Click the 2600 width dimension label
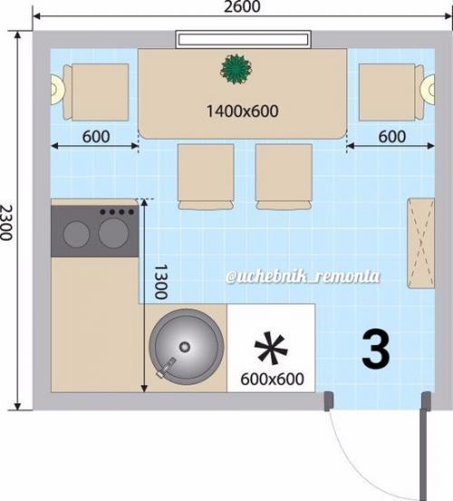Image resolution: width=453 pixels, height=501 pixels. (x=242, y=6)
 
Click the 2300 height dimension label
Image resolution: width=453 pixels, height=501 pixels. (x=5, y=222)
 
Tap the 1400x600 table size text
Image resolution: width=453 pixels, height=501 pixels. (x=243, y=112)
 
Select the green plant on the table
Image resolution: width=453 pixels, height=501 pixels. (x=236, y=69)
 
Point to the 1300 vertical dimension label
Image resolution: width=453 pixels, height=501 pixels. (x=160, y=281)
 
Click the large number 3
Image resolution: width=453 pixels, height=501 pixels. (x=376, y=349)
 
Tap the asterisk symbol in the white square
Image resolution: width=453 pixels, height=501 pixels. (x=271, y=349)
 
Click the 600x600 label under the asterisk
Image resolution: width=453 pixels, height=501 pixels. (x=272, y=379)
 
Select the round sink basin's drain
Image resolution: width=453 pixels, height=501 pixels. (x=185, y=347)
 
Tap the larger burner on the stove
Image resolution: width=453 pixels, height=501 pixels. (x=113, y=233)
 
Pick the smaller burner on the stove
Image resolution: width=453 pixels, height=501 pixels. (x=76, y=234)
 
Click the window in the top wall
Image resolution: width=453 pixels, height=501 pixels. (x=243, y=40)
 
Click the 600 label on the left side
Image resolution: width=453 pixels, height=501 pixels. (x=96, y=137)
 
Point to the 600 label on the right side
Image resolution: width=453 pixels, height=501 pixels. (x=392, y=137)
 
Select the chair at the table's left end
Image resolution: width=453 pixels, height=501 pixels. (x=96, y=93)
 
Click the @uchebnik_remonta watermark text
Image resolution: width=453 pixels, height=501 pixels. (x=304, y=277)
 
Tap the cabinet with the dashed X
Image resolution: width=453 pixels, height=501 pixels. (x=420, y=243)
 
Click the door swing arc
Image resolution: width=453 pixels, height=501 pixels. (x=363, y=467)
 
